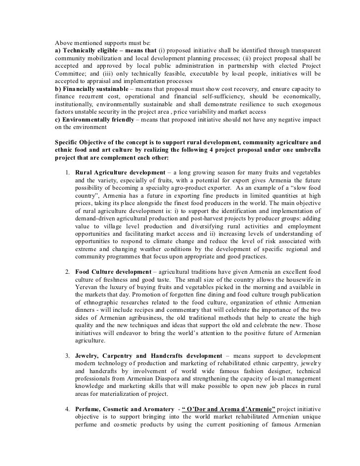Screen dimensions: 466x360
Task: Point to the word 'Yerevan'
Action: pyautogui.click(x=87, y=288)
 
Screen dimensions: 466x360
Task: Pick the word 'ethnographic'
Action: pyautogui.click(x=103, y=303)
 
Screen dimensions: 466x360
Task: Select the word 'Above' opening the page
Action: pyautogui.click(x=63, y=43)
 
